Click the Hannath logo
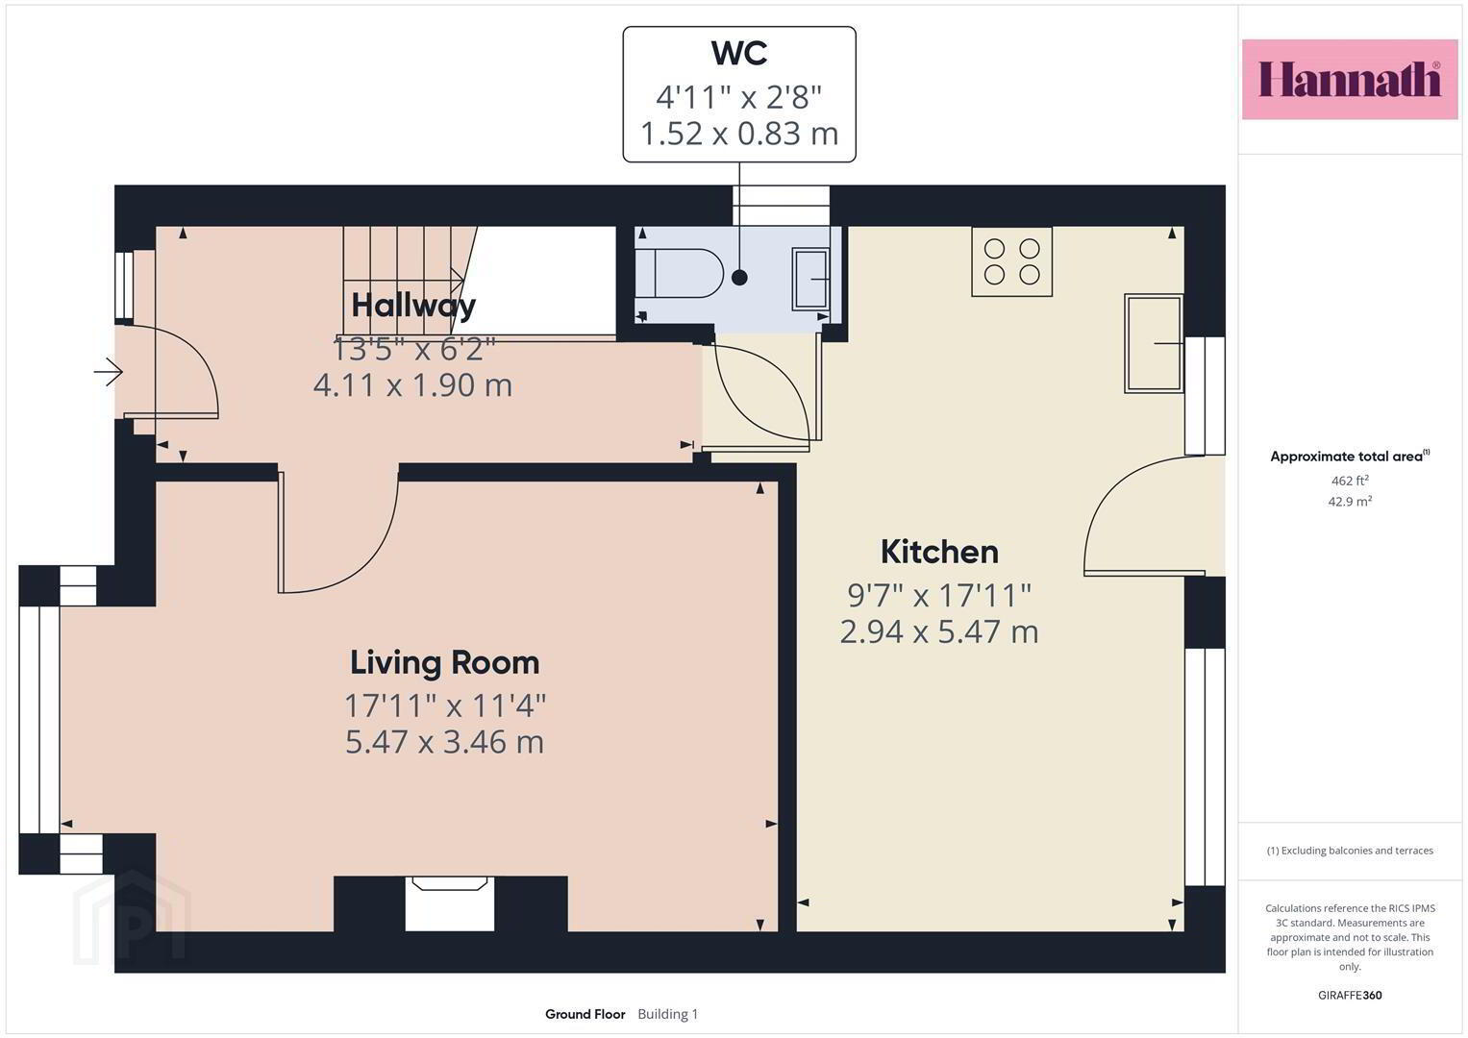coord(1350,80)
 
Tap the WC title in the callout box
coord(739,53)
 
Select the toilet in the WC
coord(680,273)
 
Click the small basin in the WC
coord(810,279)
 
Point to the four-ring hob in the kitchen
coord(1012,261)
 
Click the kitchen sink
coord(1154,343)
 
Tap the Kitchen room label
coord(939,552)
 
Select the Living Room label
coord(444,662)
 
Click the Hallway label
coord(413,306)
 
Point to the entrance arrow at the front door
coord(108,372)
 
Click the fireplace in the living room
coord(450,903)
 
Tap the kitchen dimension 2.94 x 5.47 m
coord(939,631)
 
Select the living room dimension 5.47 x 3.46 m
coord(444,742)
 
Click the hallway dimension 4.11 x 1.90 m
coord(412,384)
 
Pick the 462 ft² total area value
coord(1350,481)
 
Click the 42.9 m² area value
coord(1350,502)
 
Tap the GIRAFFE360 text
coord(1350,996)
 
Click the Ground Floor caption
coord(585,1014)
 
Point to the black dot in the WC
coord(739,278)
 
